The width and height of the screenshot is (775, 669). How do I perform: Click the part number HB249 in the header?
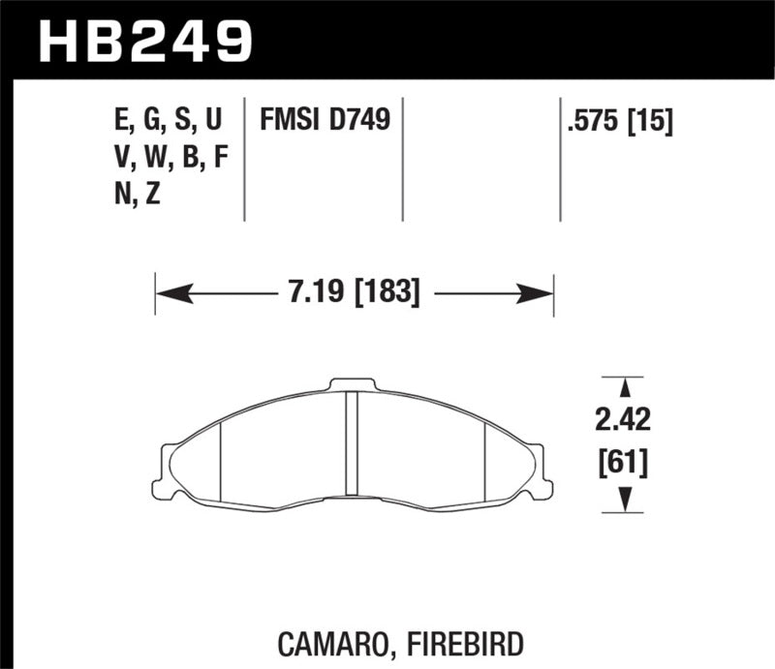(144, 41)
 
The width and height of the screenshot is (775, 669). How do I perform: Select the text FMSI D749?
(324, 121)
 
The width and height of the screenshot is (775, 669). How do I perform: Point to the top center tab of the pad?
(353, 384)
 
